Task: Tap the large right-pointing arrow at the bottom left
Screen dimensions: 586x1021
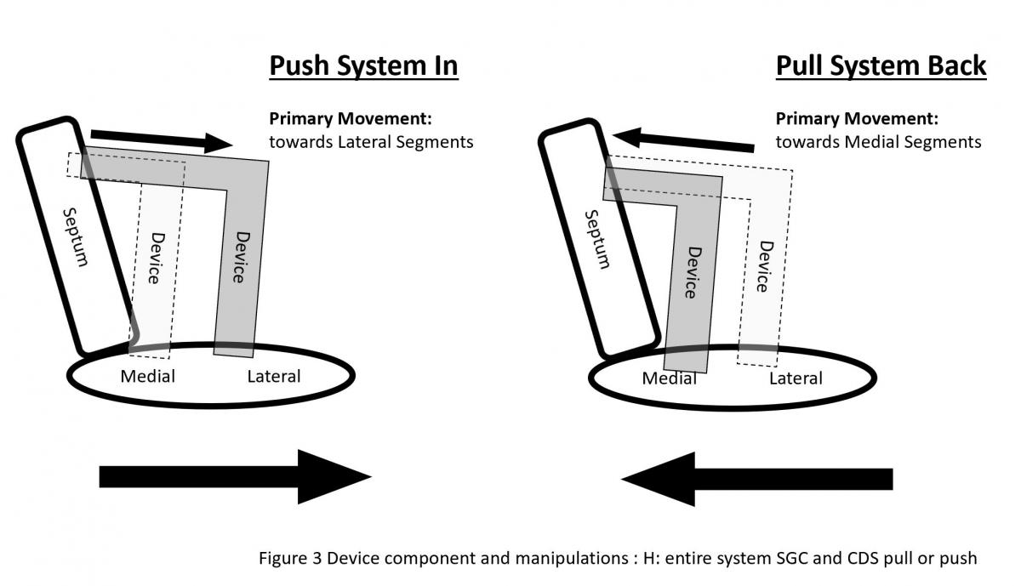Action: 235,476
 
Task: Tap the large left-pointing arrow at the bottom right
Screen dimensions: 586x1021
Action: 757,479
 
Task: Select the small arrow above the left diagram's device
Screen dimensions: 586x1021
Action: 161,139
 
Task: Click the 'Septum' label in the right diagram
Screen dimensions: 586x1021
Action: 596,239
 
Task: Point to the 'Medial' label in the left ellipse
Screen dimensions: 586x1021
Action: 147,376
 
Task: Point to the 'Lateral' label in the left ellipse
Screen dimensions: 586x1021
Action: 273,376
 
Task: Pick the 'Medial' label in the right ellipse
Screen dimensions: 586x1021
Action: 670,378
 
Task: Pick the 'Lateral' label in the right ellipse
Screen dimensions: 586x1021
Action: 796,378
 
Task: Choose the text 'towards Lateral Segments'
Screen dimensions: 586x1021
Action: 371,142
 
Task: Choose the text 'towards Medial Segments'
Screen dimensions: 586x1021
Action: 878,142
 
